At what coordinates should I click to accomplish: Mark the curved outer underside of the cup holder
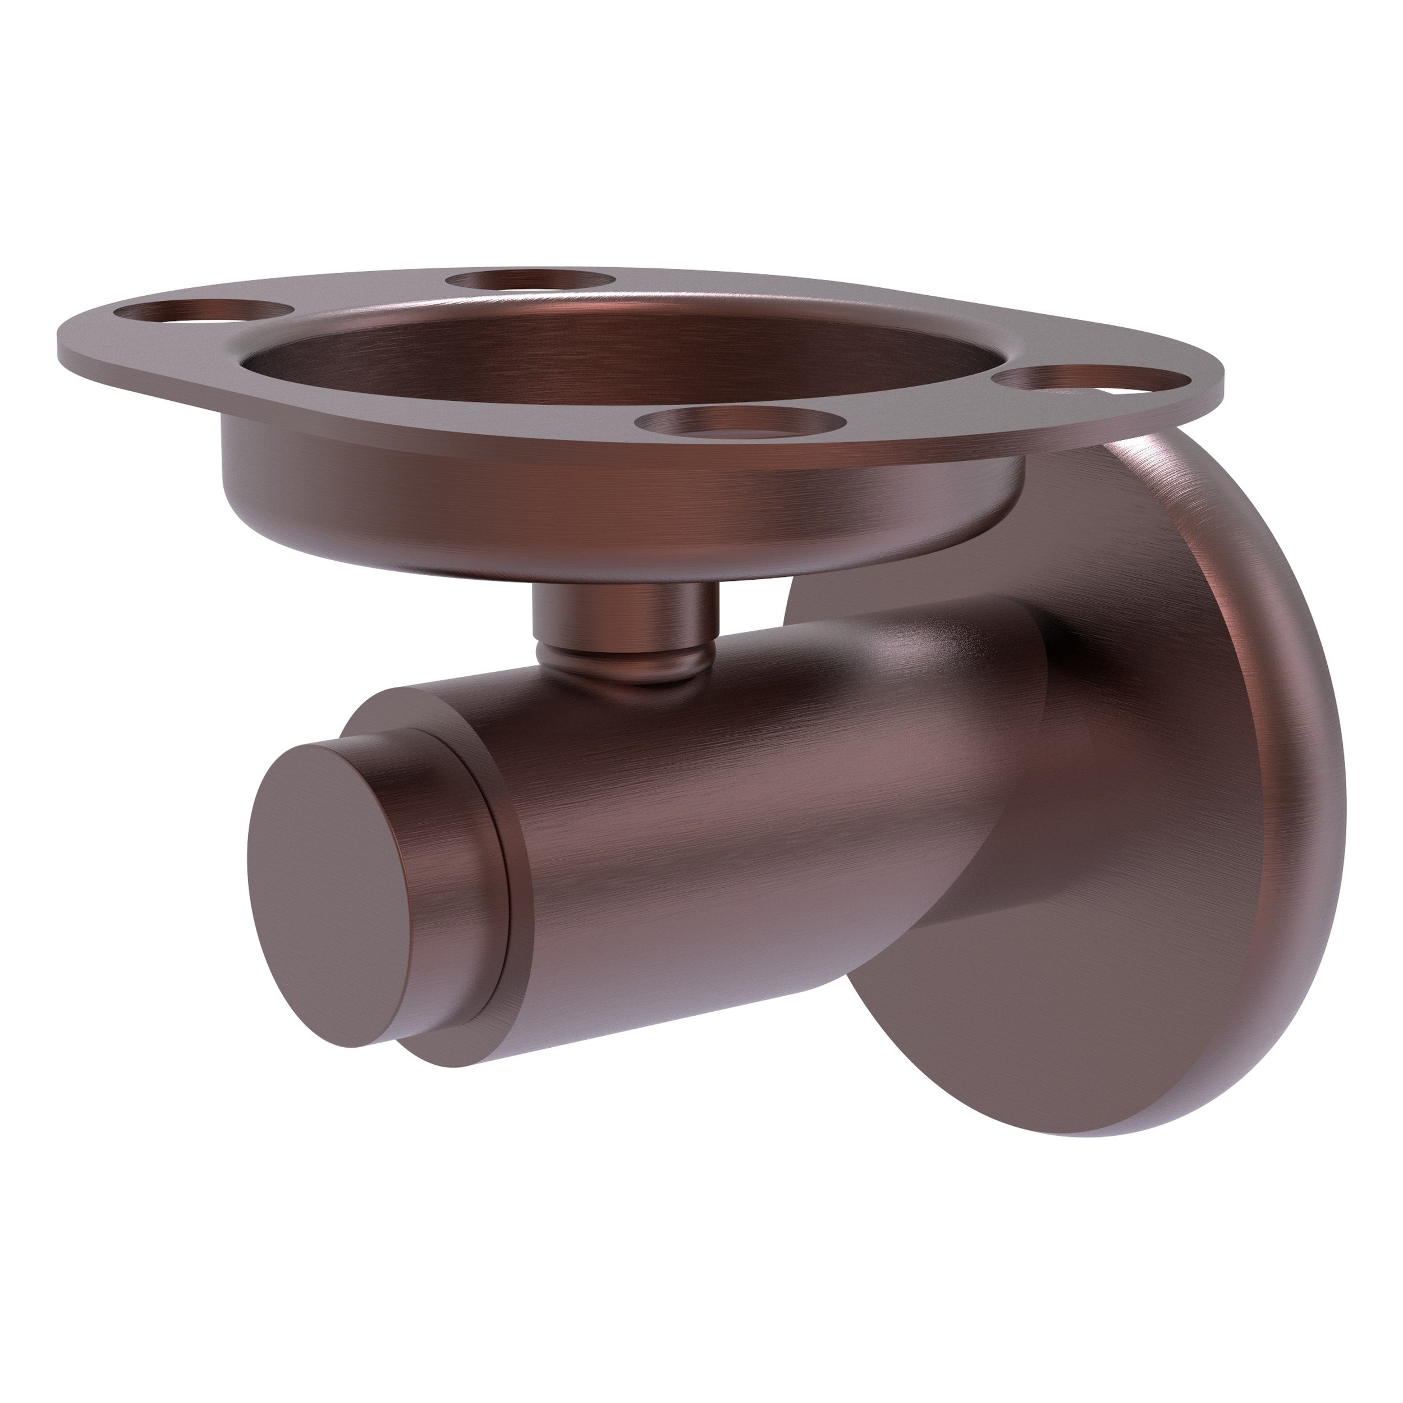tap(581, 516)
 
